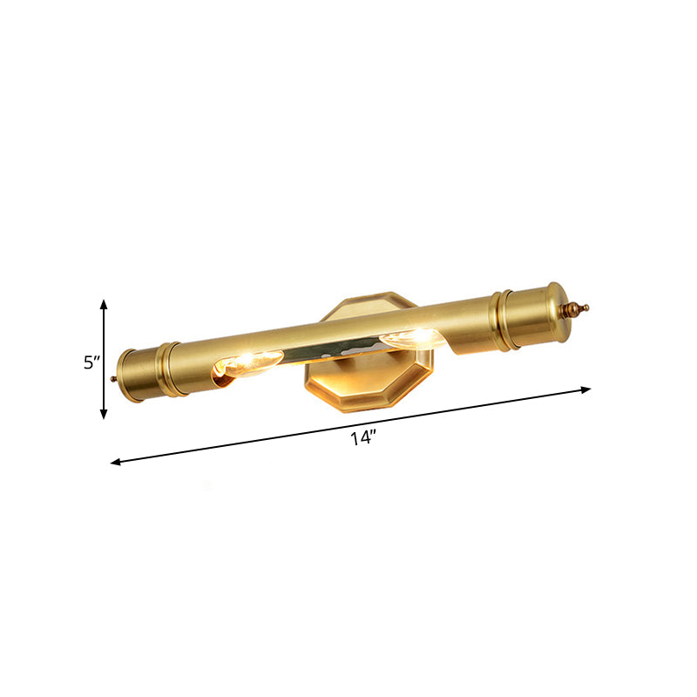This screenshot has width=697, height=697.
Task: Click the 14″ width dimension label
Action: coord(362,438)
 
